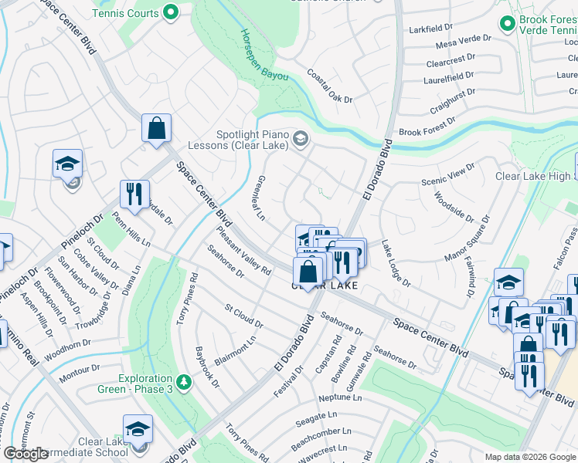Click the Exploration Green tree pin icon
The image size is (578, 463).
pos(183,381)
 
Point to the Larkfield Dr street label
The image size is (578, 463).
pos(431,29)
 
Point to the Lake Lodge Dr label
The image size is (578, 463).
pos(396,263)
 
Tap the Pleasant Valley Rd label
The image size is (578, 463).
pos(244,249)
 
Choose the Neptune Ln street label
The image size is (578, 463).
pos(340,398)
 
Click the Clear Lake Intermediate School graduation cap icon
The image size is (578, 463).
pos(138,429)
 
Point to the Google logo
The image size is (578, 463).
pos(26,454)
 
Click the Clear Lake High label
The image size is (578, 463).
pos(533,176)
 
